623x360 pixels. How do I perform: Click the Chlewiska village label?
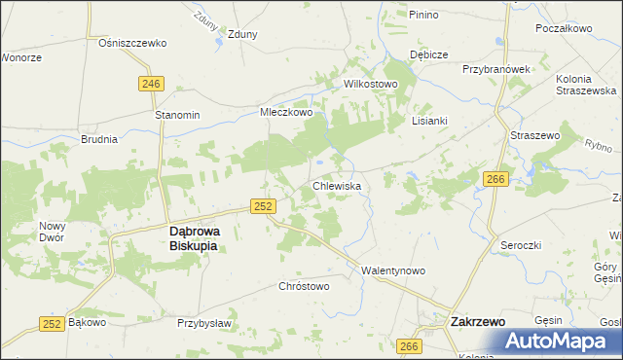337,185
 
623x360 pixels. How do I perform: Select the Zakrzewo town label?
477,319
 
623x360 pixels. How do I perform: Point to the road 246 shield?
150,84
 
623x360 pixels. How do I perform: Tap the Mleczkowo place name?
285,113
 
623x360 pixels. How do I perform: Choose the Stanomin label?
177,115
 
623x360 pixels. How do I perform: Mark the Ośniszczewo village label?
133,43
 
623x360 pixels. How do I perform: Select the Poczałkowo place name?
564,28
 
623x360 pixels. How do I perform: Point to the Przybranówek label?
495,70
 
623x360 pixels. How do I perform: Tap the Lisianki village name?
429,121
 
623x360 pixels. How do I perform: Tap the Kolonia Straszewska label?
586,85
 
